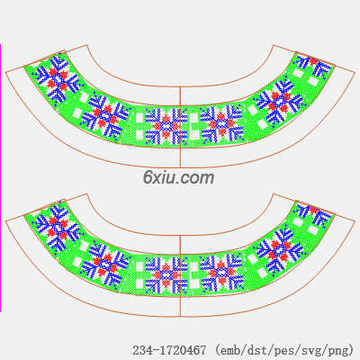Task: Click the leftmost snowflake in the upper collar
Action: tap(57, 79)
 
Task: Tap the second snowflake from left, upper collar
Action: tap(105, 116)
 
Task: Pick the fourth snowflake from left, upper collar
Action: tap(221, 125)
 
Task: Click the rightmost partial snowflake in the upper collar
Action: tap(314, 66)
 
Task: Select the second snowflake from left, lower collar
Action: tap(105, 265)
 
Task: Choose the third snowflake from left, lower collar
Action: tap(166, 275)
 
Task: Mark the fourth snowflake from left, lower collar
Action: tap(221, 274)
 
